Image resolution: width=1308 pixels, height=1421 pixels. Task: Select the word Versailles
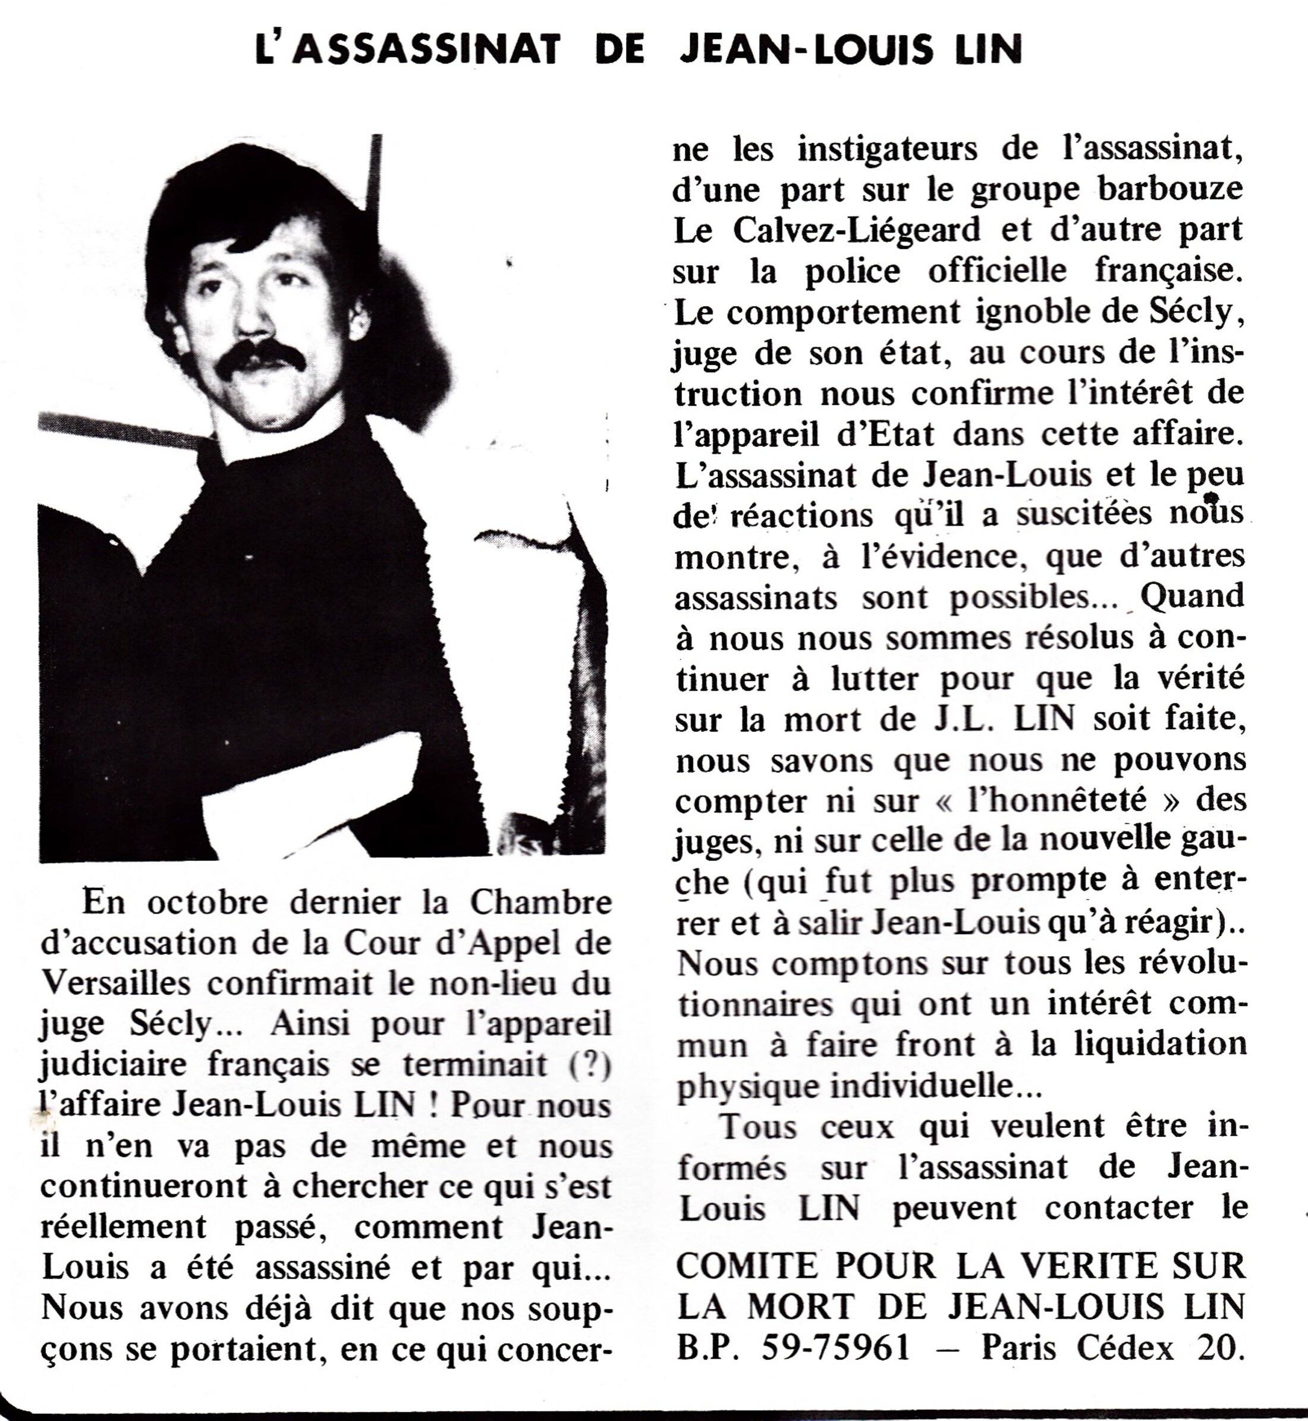pyautogui.click(x=115, y=983)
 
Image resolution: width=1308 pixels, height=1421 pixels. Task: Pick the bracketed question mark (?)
pyautogui.click(x=590, y=1064)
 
